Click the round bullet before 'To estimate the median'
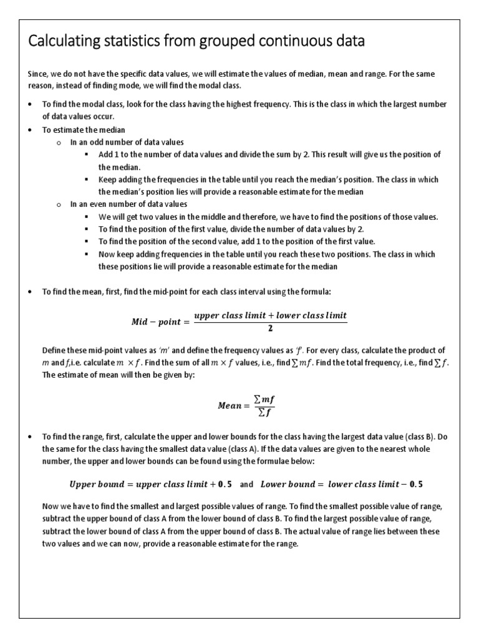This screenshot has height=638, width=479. click(31, 130)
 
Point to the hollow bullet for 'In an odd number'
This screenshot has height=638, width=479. click(59, 142)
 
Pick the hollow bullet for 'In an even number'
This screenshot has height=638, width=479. click(59, 204)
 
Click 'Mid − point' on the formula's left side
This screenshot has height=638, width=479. click(155, 322)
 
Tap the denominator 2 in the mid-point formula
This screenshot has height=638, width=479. click(270, 329)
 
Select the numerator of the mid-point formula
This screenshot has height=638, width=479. click(270, 315)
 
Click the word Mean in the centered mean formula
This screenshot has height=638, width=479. click(229, 406)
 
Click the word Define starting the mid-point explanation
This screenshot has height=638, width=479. click(55, 350)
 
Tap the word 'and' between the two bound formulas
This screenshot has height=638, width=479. click(246, 484)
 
